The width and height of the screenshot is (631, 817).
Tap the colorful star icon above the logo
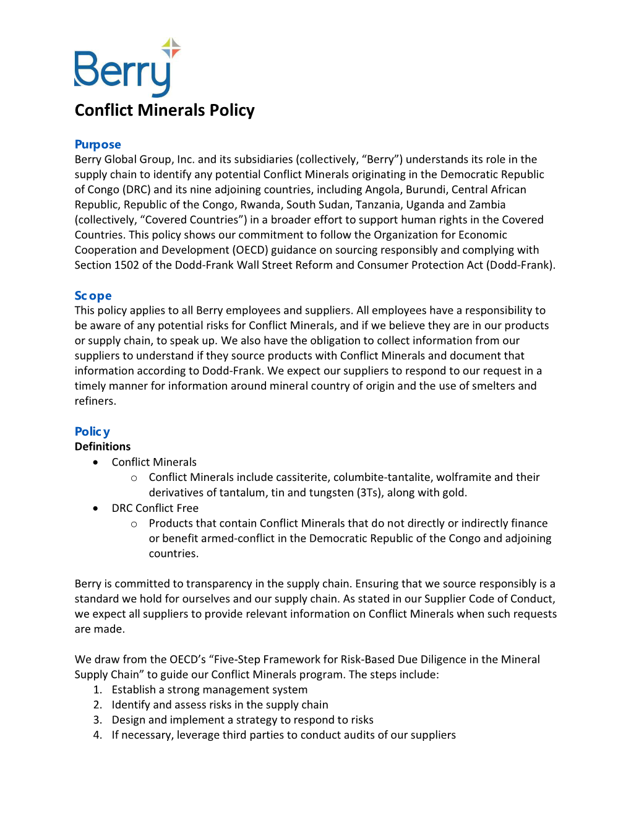[171, 48]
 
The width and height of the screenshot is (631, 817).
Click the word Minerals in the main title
[171, 110]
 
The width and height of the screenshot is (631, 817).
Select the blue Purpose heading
[98, 144]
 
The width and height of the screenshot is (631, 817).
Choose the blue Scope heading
[93, 296]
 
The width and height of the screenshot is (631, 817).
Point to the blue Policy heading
[92, 431]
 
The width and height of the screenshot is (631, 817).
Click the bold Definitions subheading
[103, 447]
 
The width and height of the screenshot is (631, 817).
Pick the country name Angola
[382, 189]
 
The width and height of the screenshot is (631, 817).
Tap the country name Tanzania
[377, 205]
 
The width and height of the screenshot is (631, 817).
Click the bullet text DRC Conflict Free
[155, 508]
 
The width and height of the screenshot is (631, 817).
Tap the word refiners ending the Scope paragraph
[94, 401]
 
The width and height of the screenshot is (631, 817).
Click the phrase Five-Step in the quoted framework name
[242, 659]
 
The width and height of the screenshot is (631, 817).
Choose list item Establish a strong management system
[209, 689]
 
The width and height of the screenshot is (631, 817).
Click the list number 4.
[97, 735]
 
